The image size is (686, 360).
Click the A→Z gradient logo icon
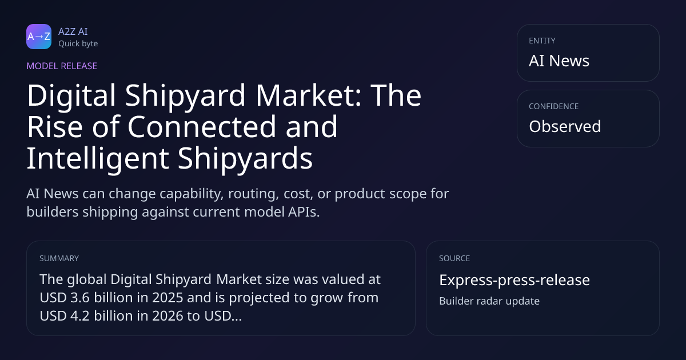pos(39,37)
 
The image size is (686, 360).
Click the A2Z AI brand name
pos(73,31)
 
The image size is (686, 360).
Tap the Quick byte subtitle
pos(78,44)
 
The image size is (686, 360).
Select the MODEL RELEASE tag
pos(62,66)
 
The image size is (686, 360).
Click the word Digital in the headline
pos(71,96)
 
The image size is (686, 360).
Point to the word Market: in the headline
pos(308,95)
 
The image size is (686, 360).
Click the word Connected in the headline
pos(202,126)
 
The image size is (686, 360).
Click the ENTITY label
pos(542,41)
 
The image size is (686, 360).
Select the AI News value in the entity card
pos(559,61)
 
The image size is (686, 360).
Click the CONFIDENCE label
pos(554,106)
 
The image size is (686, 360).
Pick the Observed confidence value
pos(565,126)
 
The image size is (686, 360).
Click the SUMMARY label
pos(59,258)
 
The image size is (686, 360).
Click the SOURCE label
pos(454,258)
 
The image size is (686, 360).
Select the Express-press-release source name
pos(514,280)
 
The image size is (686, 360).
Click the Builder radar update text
pos(489,301)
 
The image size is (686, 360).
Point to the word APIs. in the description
pos(304,212)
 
